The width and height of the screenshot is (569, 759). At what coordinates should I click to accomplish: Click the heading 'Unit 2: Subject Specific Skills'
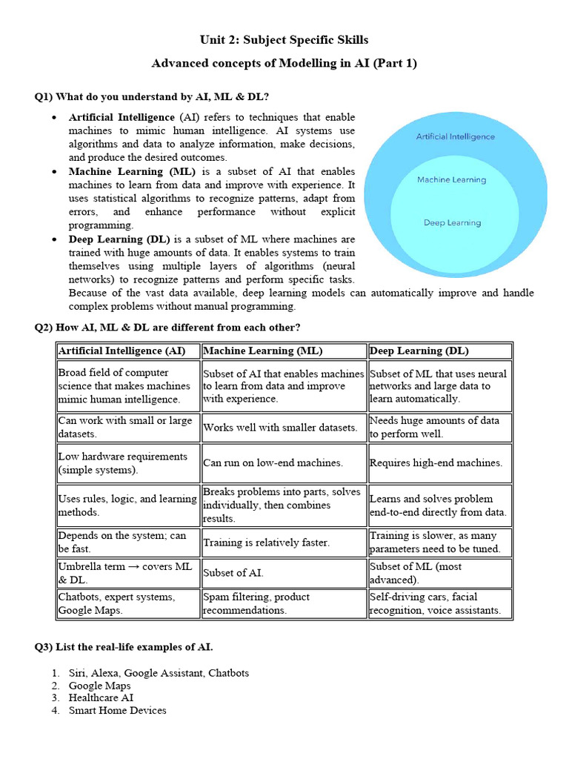pos(284,39)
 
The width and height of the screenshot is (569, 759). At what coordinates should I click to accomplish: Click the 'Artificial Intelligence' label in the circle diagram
pos(455,136)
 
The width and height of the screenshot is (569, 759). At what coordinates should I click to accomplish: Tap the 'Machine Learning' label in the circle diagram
pos(451,179)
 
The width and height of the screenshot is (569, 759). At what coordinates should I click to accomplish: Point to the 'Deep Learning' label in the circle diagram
pos(452,222)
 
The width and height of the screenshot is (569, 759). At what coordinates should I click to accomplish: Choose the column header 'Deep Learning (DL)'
pos(419,351)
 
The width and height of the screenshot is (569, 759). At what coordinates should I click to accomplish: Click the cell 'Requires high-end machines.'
pos(436,463)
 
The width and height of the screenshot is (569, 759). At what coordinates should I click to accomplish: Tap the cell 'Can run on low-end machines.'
pos(273,463)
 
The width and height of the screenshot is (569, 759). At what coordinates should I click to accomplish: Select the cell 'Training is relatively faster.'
pos(266,543)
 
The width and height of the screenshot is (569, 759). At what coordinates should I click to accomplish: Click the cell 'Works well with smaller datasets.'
pos(280,427)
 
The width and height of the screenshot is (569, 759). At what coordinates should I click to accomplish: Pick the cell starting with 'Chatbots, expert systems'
pos(117,603)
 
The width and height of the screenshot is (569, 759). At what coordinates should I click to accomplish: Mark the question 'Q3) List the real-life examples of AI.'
pos(124,647)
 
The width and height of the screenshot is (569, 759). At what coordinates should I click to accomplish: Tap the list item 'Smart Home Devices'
pos(117,710)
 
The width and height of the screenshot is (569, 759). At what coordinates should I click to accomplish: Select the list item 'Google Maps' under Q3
pos(99,686)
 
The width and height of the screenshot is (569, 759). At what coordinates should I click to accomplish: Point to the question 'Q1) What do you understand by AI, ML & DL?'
pos(152,96)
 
